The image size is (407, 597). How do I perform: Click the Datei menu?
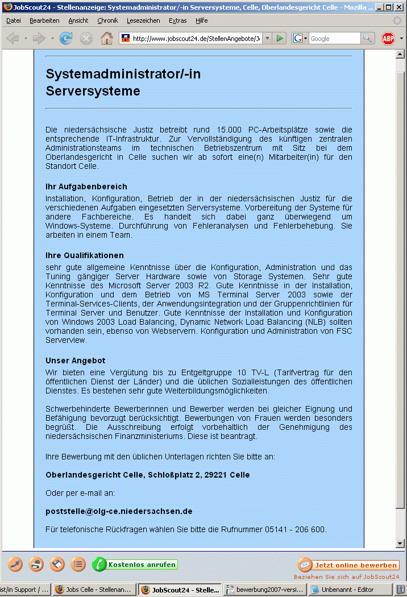13,20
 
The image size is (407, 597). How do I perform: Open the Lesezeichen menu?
143,20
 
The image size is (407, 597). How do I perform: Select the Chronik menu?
107,20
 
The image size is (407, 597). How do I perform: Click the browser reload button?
66,39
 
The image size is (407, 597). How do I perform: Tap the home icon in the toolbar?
106,39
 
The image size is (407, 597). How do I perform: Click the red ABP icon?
388,39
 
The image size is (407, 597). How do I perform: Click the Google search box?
334,39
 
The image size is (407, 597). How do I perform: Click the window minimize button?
379,7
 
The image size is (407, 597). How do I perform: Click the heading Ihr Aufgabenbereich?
86,186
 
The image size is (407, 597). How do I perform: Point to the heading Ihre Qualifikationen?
85,255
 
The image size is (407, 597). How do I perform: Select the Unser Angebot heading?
76,360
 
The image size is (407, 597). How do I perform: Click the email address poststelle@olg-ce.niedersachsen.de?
119,511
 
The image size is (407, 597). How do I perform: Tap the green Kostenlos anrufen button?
135,565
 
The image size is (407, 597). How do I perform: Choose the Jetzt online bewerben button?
348,565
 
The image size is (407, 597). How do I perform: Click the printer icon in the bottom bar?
36,565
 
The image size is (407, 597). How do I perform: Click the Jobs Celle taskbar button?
94,590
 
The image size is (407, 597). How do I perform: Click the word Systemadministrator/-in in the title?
123,74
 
